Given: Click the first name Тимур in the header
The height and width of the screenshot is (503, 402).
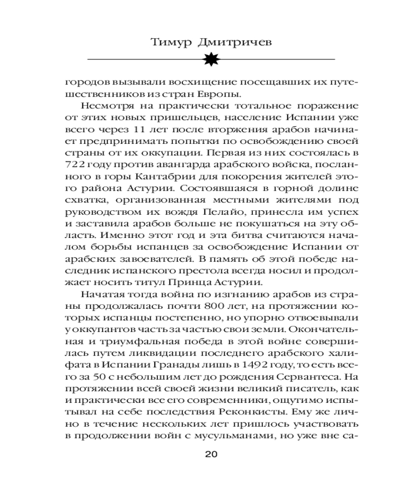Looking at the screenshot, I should (171, 42).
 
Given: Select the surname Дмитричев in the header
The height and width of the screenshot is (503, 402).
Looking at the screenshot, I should (235, 42).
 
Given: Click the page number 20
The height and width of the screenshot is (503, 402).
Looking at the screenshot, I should (211, 454).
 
